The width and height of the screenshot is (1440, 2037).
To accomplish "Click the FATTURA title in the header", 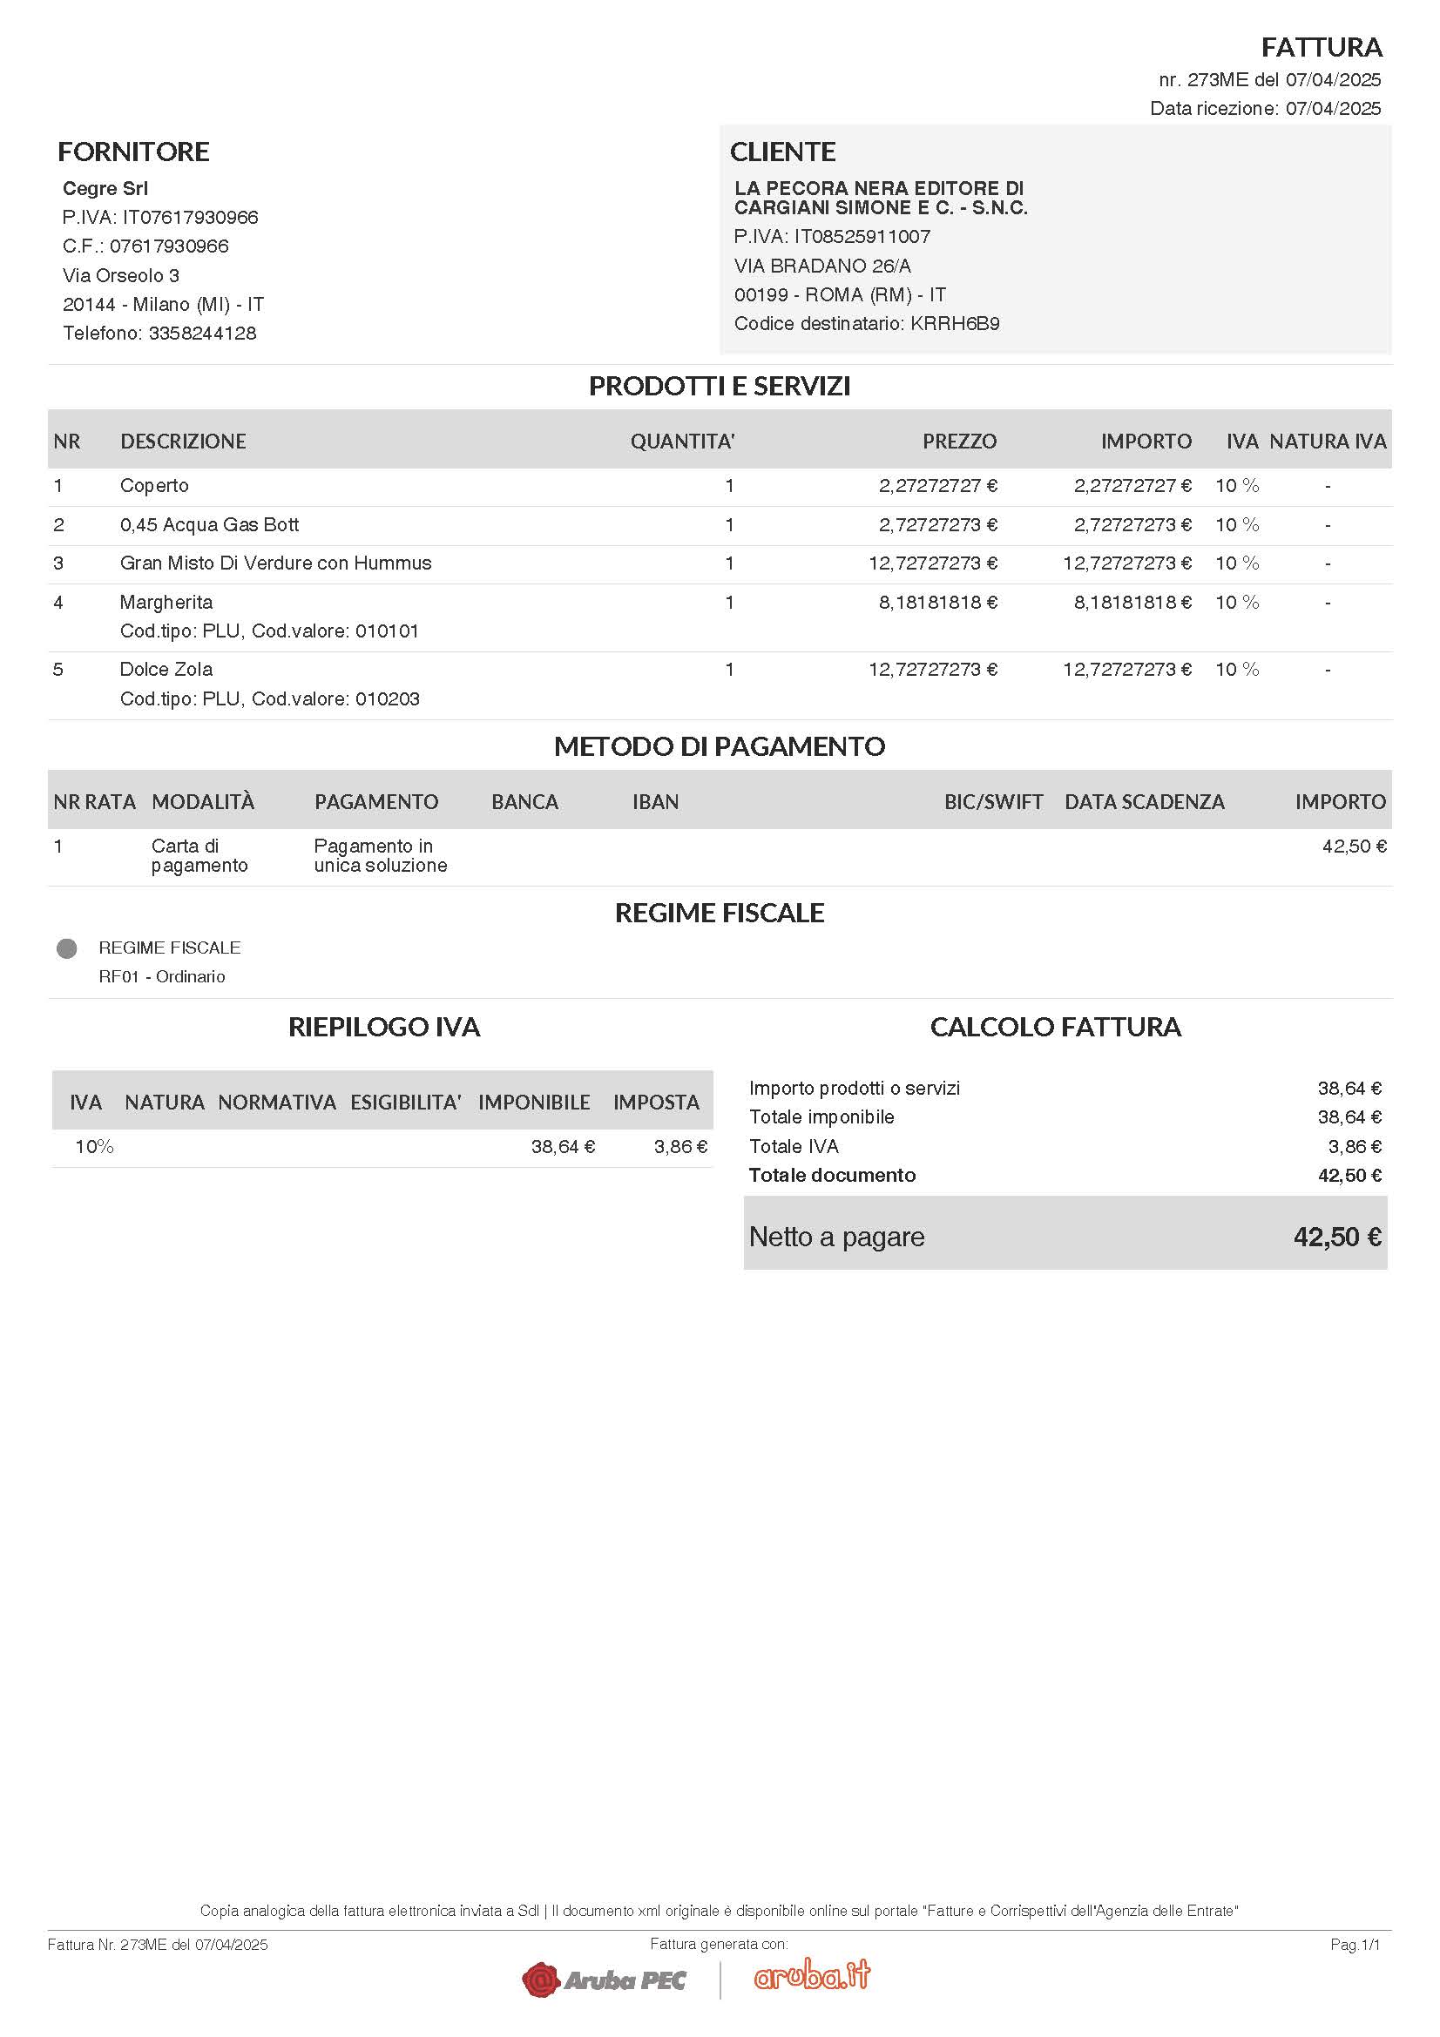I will (1322, 47).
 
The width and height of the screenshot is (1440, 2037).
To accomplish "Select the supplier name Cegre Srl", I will (105, 188).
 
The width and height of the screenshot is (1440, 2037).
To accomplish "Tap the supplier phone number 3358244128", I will (202, 334).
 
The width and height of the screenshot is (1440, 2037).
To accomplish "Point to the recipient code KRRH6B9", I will (955, 324).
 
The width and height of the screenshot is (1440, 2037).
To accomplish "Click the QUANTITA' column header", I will (682, 442).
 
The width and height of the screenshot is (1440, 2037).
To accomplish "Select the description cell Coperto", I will (154, 486).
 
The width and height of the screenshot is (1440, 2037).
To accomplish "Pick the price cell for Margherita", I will (938, 603).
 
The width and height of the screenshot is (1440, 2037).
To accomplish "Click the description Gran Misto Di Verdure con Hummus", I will (275, 563).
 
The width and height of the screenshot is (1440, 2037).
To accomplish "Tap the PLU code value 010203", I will (387, 699).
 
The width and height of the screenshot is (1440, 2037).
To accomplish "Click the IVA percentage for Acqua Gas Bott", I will (1237, 525).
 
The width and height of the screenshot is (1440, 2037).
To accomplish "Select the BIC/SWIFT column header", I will (993, 802).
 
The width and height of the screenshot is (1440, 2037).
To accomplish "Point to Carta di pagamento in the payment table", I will (199, 856).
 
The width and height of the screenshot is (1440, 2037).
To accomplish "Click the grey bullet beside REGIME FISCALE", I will (66, 949).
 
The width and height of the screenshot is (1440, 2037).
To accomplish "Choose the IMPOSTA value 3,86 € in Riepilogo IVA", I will (680, 1147).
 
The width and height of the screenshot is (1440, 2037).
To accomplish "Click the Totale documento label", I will (831, 1176).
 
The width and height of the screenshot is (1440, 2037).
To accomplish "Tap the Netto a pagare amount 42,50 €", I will (1337, 1237).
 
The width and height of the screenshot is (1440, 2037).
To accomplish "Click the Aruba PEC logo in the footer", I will (605, 1980).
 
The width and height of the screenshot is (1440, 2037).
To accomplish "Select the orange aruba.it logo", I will (812, 1976).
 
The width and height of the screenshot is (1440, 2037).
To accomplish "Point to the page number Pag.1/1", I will (1355, 1945).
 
